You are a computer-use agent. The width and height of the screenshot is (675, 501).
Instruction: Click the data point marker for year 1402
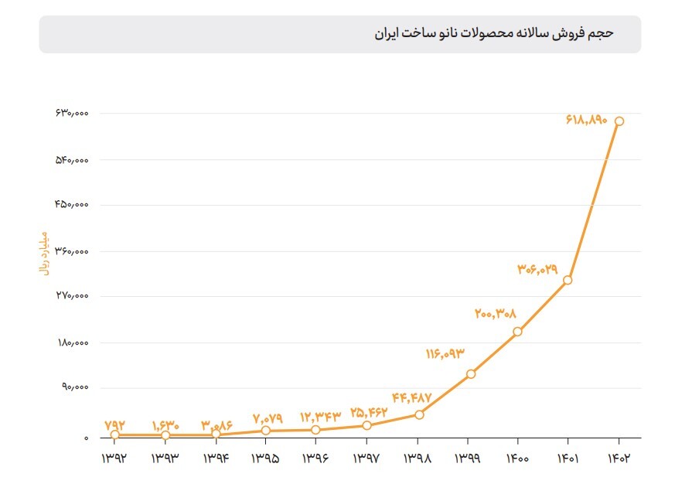(619, 121)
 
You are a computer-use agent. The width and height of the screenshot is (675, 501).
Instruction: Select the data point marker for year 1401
(568, 280)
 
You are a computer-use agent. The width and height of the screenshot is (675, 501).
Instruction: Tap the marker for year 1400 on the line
(517, 332)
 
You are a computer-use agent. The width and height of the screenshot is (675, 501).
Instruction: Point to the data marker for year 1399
(471, 374)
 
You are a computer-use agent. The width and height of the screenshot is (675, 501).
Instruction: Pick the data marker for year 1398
(419, 415)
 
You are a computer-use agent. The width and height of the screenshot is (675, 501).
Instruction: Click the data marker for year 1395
(266, 431)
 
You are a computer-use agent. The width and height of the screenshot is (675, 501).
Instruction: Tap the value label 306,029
(537, 269)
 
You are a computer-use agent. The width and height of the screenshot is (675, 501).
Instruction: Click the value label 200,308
(495, 314)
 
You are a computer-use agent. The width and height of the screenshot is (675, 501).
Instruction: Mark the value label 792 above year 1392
(115, 424)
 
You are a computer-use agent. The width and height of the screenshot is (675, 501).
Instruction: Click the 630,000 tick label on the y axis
(72, 114)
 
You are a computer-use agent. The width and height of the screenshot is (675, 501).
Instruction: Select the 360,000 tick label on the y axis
(72, 251)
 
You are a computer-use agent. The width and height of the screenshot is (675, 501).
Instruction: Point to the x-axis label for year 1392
(114, 458)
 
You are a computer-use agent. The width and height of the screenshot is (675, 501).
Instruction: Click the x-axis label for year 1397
(366, 458)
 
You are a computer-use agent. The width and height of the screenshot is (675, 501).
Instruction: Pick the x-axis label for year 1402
(619, 458)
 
